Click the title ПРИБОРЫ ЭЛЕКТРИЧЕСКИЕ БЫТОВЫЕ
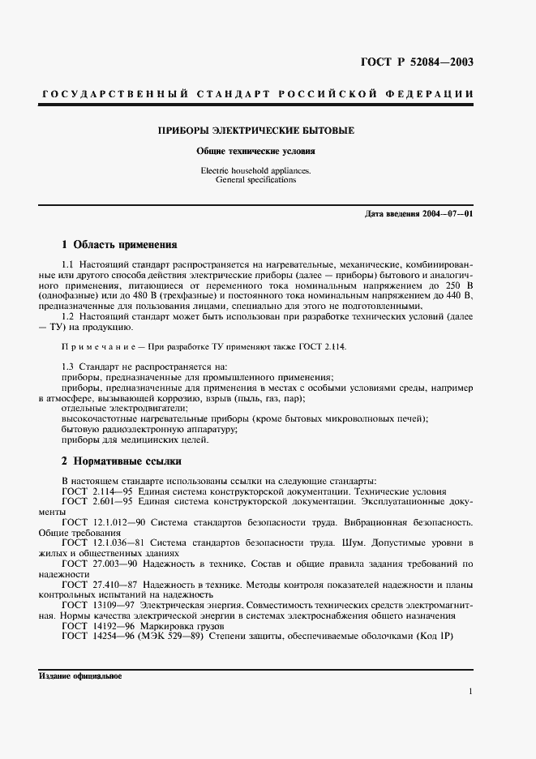pyautogui.click(x=256, y=130)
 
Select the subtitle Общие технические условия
pyautogui.click(x=256, y=151)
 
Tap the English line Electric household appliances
pyautogui.click(x=256, y=171)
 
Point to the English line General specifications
pyautogui.click(x=256, y=180)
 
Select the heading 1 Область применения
pyautogui.click(x=119, y=243)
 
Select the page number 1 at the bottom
pyautogui.click(x=470, y=691)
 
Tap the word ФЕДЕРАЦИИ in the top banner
pyautogui.click(x=435, y=95)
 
